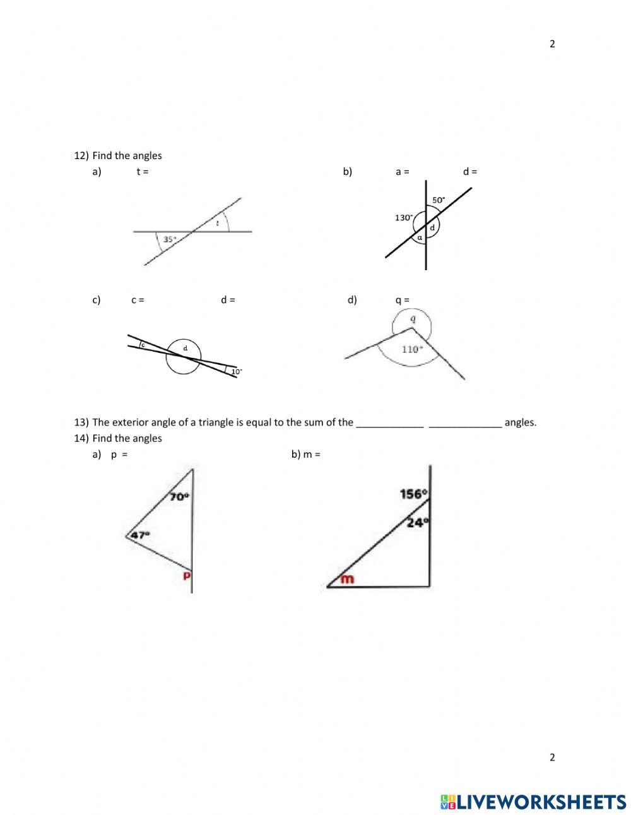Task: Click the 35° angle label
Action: [170, 239]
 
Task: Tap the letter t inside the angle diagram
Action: [218, 223]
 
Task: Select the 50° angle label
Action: [438, 200]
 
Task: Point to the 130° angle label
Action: [404, 218]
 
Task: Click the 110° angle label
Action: [411, 349]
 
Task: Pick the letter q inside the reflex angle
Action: [413, 319]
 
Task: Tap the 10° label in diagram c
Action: [236, 372]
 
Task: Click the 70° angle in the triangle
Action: [179, 497]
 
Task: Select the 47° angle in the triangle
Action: [141, 535]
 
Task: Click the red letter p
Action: [187, 576]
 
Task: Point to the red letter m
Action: [347, 578]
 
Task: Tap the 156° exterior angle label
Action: [414, 494]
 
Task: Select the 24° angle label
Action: [417, 522]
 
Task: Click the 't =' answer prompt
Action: [143, 172]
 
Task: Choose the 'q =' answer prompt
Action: [402, 300]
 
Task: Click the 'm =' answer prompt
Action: [312, 454]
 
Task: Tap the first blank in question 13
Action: [389, 423]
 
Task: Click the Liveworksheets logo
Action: [533, 802]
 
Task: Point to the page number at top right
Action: [552, 44]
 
